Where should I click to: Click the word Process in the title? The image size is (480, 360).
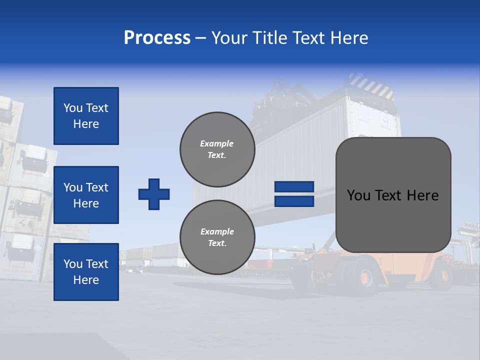tap(157, 38)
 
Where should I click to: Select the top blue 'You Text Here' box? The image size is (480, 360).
tap(86, 116)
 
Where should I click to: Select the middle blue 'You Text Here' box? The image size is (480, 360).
tap(86, 195)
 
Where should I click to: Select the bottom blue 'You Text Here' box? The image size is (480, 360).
tap(86, 272)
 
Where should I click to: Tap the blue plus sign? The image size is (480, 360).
tap(154, 194)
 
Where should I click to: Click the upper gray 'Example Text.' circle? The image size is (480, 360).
tap(217, 149)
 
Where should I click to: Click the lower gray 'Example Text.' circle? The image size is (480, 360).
tap(217, 237)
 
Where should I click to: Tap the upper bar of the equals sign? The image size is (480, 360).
tap(294, 187)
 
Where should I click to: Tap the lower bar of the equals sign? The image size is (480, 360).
tap(294, 201)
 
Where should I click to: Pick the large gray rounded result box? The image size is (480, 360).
tap(393, 195)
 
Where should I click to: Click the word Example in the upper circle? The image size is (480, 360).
tap(217, 143)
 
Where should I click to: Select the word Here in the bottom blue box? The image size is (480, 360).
tap(86, 280)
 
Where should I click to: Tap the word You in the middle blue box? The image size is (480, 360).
tap(72, 187)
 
